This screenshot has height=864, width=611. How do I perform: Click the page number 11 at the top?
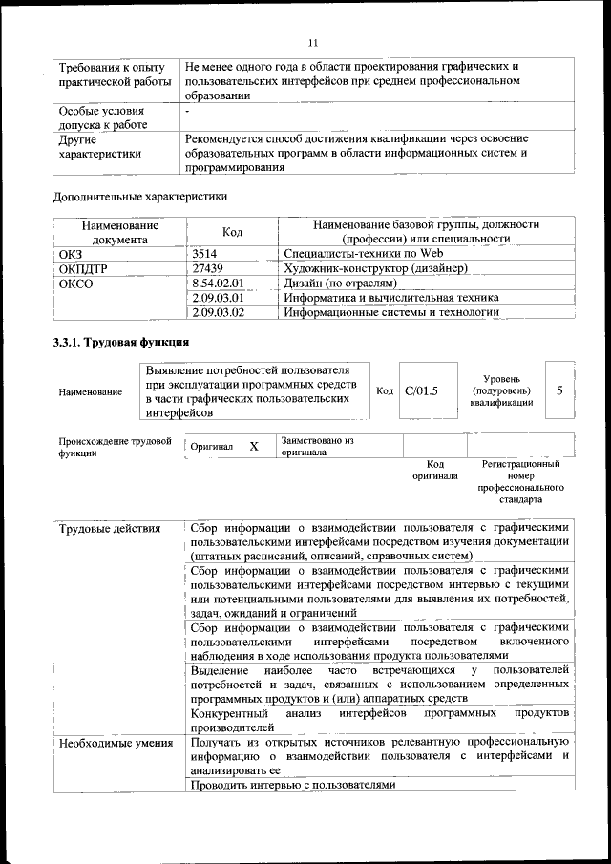(x=312, y=42)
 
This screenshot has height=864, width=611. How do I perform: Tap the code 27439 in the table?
(x=207, y=268)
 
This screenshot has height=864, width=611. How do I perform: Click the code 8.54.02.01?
(x=219, y=283)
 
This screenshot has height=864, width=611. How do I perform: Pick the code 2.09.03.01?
(x=219, y=297)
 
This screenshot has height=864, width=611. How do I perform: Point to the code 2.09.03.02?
(x=219, y=311)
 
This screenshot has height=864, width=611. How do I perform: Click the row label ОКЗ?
(x=73, y=254)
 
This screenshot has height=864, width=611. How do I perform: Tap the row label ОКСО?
(x=76, y=283)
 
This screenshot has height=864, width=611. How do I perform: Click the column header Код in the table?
(x=232, y=232)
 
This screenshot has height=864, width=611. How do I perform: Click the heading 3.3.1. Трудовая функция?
(x=120, y=342)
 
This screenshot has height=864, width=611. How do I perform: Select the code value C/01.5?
(x=421, y=390)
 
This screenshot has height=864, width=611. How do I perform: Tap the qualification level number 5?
(x=559, y=390)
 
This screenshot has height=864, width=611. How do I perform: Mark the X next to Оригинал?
(x=254, y=446)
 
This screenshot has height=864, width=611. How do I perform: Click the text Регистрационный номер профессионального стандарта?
(x=520, y=481)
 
